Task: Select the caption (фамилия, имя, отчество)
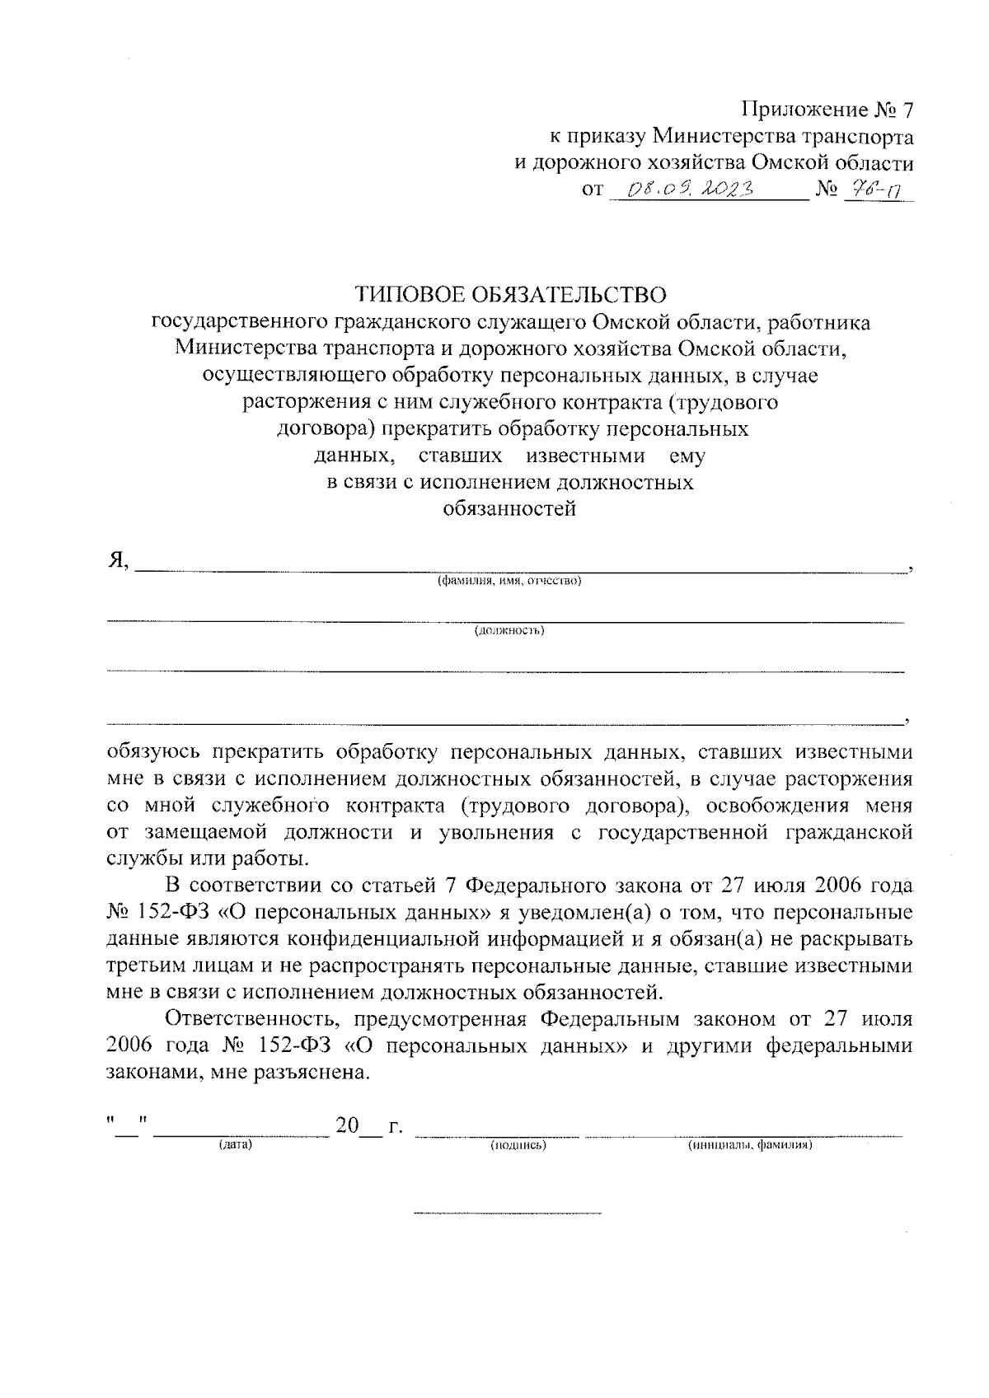[x=509, y=581]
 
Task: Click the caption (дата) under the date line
[x=235, y=1145]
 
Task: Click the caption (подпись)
[x=519, y=1145]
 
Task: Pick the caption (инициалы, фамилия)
[x=750, y=1145]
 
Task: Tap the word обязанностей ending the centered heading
[x=509, y=508]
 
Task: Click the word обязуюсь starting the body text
[x=154, y=752]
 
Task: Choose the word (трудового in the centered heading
[x=722, y=403]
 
